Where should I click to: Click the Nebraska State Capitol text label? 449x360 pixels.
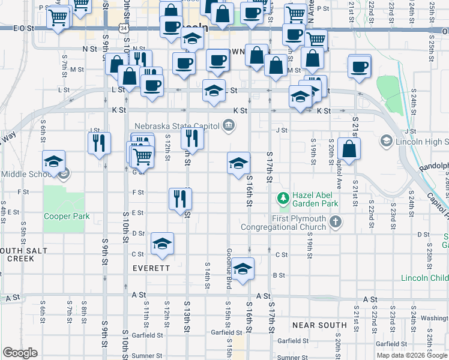(x=177, y=126)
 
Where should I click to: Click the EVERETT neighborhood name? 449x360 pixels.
(x=151, y=268)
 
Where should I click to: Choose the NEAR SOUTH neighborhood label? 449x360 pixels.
(x=319, y=325)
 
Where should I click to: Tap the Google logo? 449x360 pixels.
(x=20, y=353)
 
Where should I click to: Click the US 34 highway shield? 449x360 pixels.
(x=123, y=28)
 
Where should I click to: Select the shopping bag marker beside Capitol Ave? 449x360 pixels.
(x=349, y=149)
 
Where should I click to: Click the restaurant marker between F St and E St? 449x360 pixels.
(x=179, y=198)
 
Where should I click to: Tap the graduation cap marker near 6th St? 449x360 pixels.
(x=53, y=161)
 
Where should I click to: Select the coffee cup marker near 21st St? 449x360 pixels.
(x=360, y=67)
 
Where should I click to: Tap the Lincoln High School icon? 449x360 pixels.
(x=386, y=141)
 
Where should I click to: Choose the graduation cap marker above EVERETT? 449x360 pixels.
(x=162, y=244)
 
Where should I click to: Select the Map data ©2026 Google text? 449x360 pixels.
(x=412, y=355)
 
